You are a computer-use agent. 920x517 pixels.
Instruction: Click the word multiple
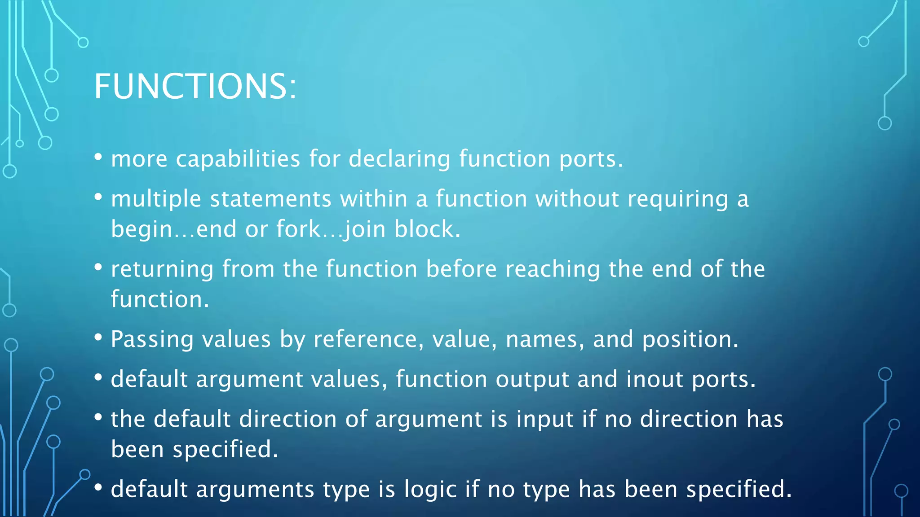pyautogui.click(x=156, y=199)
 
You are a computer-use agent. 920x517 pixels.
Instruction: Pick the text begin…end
pyautogui.click(x=173, y=229)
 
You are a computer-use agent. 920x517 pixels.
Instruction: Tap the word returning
pyautogui.click(x=162, y=270)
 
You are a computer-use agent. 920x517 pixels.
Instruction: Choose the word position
pyautogui.click(x=690, y=339)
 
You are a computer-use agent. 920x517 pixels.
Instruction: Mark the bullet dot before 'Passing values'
pyautogui.click(x=98, y=337)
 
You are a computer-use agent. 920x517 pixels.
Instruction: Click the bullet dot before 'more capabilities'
pyautogui.click(x=98, y=157)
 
